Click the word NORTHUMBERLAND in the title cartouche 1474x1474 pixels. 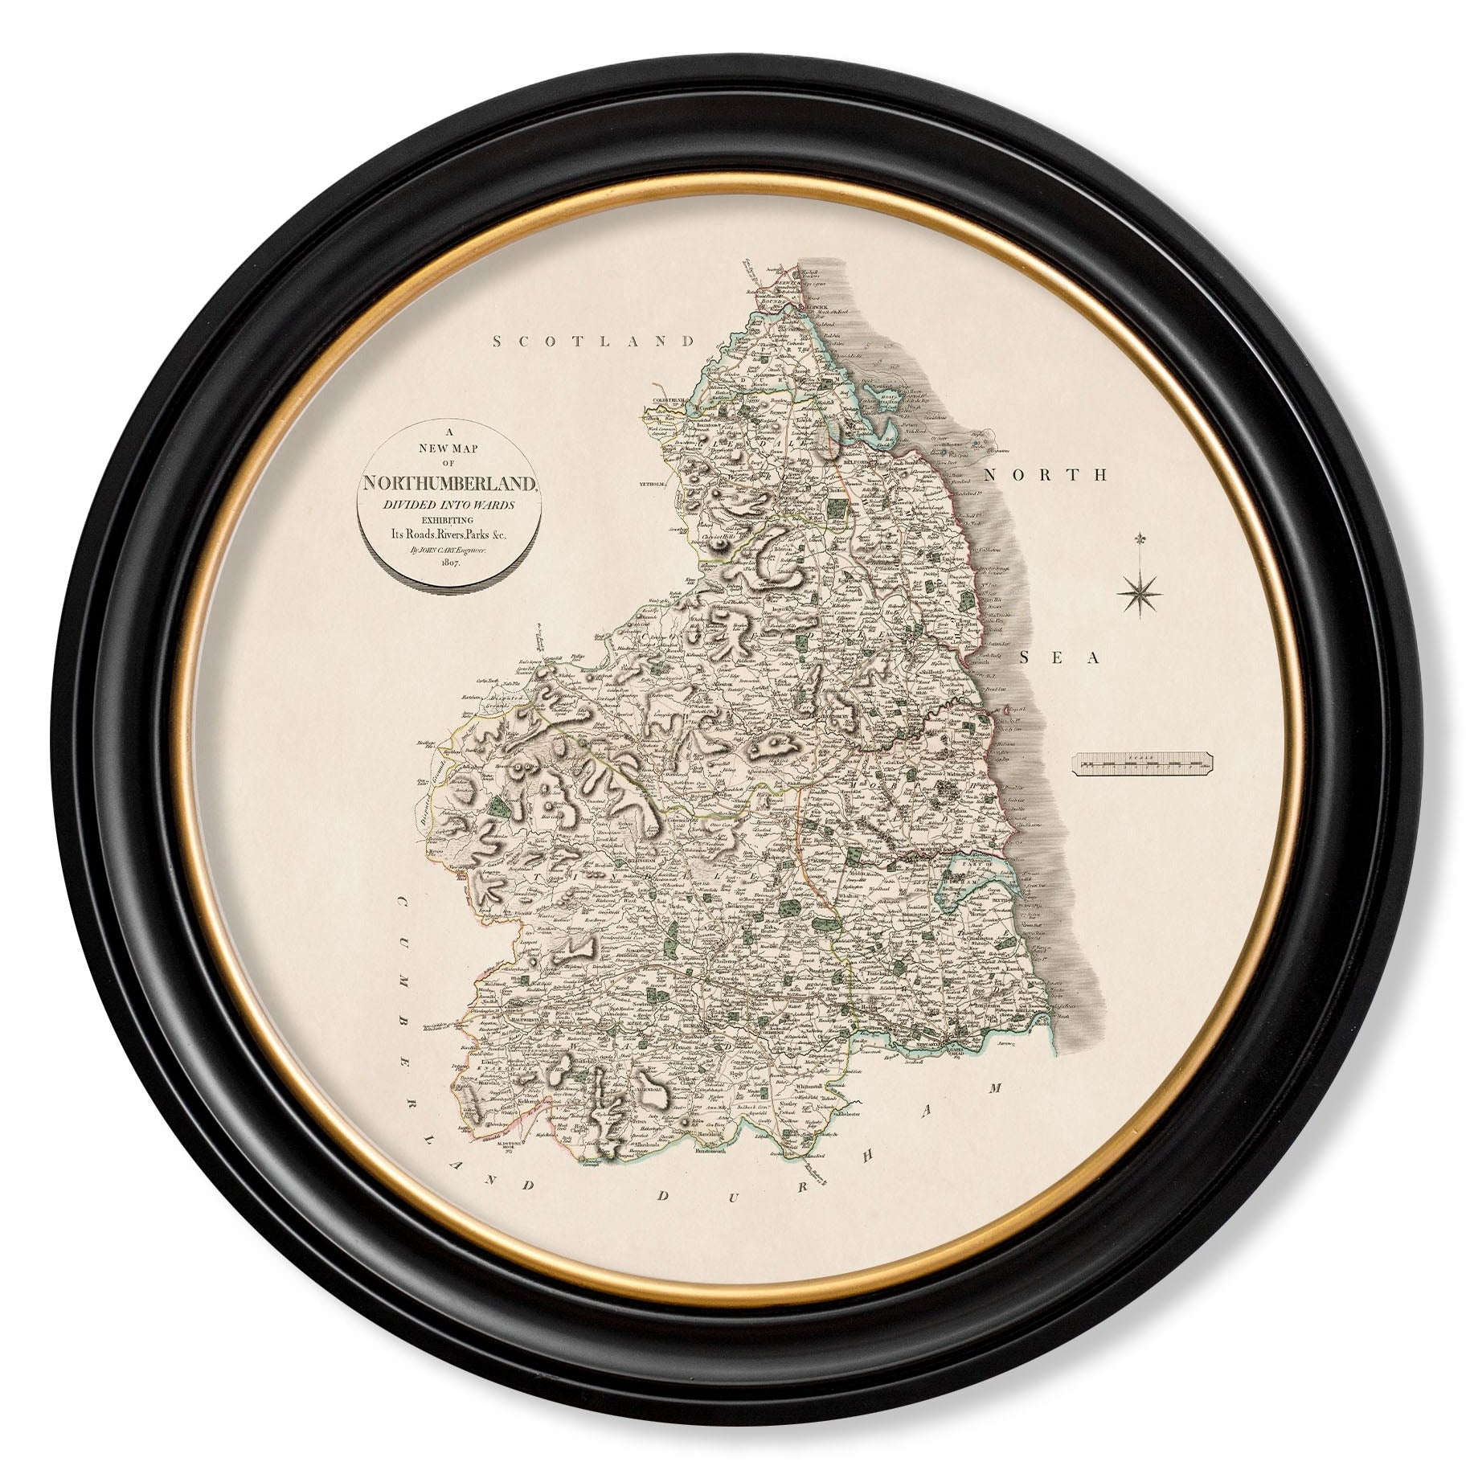click(448, 483)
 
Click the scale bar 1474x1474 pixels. click(1143, 764)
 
